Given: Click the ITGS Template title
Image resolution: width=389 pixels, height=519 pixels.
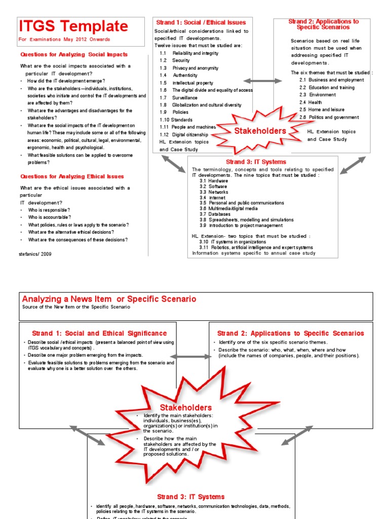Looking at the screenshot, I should [73, 26].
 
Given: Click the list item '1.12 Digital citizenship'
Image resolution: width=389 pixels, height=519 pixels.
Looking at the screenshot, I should [184, 135].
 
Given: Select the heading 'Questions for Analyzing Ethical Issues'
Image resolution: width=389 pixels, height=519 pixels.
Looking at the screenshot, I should [72, 176].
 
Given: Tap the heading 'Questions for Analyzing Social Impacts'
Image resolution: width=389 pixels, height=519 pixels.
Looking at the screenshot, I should [74, 54].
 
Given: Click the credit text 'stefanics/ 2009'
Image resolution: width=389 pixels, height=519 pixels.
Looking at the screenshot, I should [35, 253].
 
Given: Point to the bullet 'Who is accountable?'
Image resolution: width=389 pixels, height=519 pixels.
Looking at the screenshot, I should [49, 217].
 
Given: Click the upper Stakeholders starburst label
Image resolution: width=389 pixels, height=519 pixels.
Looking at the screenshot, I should [260, 131].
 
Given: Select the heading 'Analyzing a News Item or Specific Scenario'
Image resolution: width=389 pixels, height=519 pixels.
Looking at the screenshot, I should [109, 299].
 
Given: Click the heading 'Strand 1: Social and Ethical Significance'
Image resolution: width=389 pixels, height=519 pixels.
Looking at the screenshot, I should [99, 333].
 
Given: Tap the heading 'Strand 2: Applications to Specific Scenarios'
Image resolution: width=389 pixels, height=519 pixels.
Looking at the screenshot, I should [291, 333].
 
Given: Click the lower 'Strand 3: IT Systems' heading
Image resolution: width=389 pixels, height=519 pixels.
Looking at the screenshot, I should [190, 497].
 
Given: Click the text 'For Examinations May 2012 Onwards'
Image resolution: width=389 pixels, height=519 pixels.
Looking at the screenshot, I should [64, 39].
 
